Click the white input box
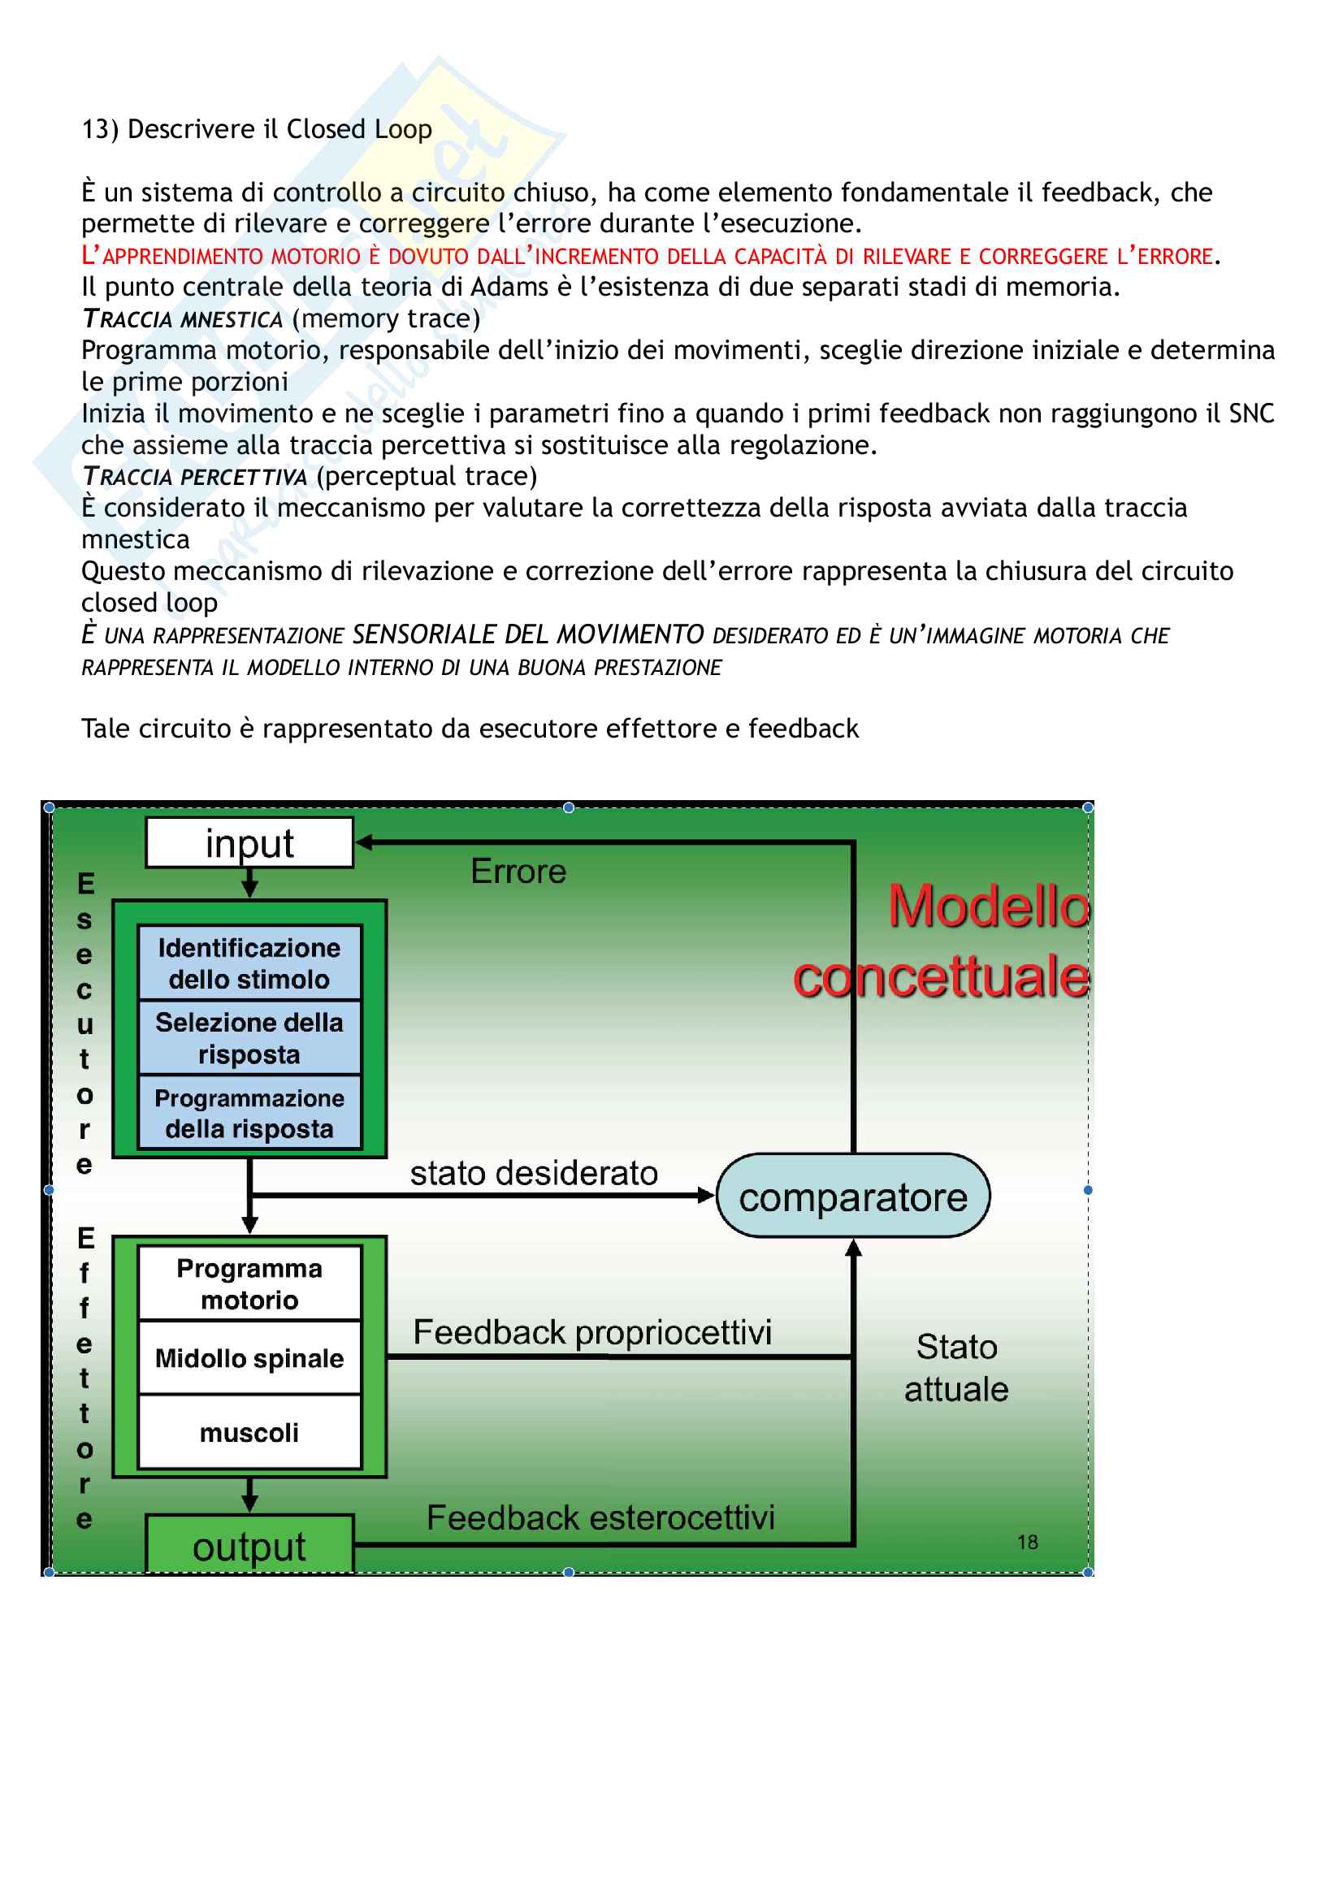coord(249,842)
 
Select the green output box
coord(249,1544)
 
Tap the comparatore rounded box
coord(852,1196)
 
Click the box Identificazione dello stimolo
coord(249,963)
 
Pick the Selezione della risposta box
coord(249,1037)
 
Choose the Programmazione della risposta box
coord(249,1112)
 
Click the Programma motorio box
coord(249,1283)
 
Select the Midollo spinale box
coord(249,1358)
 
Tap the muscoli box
coord(249,1431)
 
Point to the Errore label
coord(518,872)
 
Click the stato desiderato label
coord(534,1173)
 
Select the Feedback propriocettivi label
coord(591,1331)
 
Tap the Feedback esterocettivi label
coord(600,1517)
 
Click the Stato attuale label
coord(955,1367)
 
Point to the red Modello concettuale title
coord(943,941)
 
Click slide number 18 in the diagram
coord(1027,1542)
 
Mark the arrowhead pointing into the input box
coord(364,842)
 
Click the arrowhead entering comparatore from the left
coord(706,1195)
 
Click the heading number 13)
coord(100,129)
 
